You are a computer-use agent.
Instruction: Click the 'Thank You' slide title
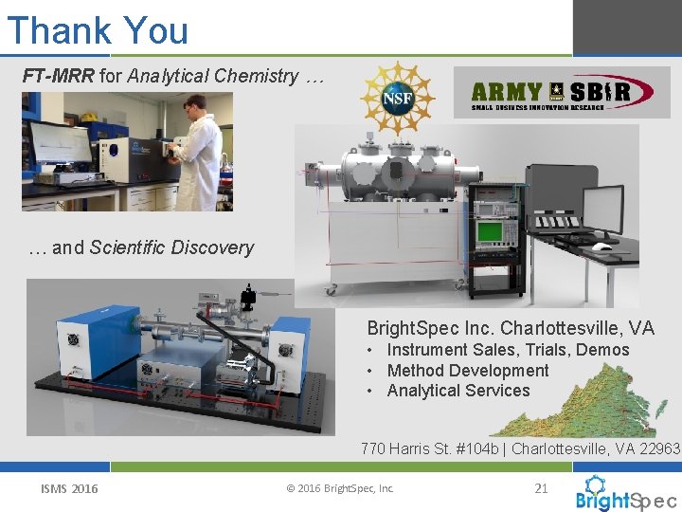point(98,29)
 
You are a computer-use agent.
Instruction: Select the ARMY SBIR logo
point(561,92)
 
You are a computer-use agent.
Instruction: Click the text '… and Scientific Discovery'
point(141,247)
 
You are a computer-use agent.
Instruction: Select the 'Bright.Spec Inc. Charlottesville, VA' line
point(510,328)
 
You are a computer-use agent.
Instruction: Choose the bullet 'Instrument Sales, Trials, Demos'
point(508,350)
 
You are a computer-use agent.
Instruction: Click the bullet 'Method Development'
point(468,371)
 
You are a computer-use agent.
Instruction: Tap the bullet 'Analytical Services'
point(458,391)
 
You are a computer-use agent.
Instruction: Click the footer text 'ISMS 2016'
point(69,489)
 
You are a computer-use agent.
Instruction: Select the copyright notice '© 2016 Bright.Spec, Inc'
point(339,489)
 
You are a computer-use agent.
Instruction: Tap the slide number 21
point(541,488)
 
